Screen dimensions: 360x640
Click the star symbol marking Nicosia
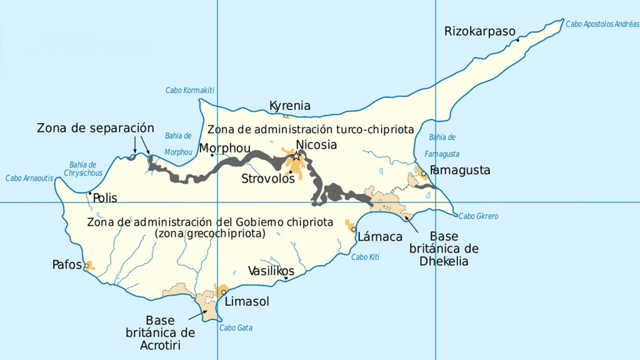click(x=296, y=156)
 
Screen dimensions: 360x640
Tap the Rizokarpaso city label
click(x=480, y=31)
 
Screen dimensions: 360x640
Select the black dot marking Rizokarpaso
click(x=518, y=40)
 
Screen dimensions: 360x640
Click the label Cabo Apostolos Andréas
click(x=602, y=24)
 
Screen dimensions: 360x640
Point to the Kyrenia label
click(x=290, y=106)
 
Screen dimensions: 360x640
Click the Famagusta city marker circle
click(x=424, y=174)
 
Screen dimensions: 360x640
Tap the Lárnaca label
click(x=380, y=237)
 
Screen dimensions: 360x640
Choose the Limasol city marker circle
click(x=224, y=292)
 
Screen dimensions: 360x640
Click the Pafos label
click(x=67, y=265)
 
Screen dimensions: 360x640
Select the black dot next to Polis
click(x=90, y=193)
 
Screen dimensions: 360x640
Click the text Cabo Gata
click(x=236, y=328)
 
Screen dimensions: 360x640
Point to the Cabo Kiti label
click(x=365, y=257)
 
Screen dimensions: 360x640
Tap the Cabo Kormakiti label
click(x=190, y=90)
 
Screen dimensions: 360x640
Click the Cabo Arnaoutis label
click(x=29, y=178)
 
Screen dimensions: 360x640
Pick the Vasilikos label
click(x=271, y=271)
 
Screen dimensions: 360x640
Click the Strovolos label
click(x=268, y=179)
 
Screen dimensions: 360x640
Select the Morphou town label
click(x=225, y=148)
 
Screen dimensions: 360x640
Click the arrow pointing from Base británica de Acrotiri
click(x=197, y=315)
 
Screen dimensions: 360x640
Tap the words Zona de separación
click(x=95, y=128)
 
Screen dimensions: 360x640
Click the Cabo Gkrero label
click(x=478, y=216)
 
